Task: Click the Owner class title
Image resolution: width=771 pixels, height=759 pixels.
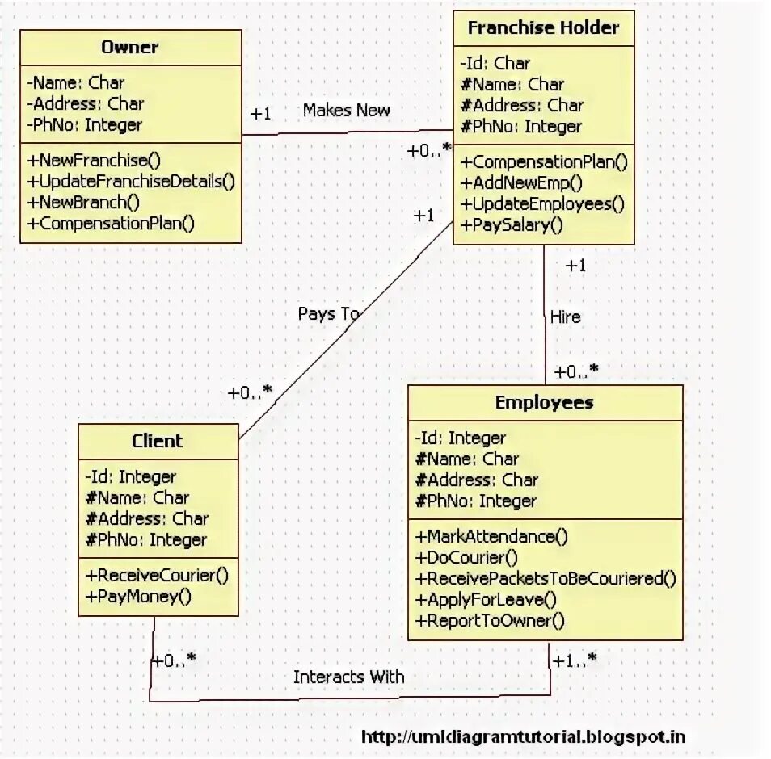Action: point(129,47)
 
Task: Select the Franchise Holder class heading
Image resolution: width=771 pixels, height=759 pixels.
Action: point(543,27)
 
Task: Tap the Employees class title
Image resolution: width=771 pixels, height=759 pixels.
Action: point(544,402)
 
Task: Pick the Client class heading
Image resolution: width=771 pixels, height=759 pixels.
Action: point(158,441)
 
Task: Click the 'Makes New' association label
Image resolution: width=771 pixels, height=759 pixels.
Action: point(346,111)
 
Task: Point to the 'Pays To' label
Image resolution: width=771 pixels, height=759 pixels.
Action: point(328,313)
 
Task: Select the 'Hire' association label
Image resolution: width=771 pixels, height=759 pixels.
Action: point(565,317)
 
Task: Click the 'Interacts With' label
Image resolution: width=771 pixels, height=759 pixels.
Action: point(348,677)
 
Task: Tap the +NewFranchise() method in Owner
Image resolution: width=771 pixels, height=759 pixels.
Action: point(94,159)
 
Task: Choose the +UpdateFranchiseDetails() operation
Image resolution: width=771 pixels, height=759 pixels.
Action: point(131,181)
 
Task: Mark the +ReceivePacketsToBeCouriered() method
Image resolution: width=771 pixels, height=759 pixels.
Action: point(546,578)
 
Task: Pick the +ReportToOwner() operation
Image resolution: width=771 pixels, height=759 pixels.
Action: point(489,621)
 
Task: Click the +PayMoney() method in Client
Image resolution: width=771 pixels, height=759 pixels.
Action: point(138,598)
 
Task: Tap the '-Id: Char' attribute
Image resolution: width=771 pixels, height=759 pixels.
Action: point(495,63)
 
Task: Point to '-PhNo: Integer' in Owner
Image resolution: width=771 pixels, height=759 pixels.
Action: point(84,125)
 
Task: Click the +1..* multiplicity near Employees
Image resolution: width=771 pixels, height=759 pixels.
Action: point(575,660)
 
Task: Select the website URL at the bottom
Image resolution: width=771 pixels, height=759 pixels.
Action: point(523,736)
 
